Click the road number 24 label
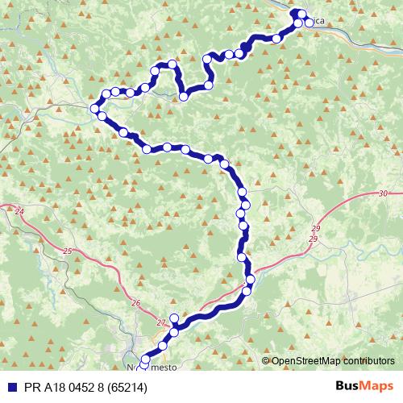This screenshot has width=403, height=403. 19,211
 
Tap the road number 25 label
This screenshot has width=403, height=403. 67,251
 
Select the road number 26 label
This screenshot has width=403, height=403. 135,303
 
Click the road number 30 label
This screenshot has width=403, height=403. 382,193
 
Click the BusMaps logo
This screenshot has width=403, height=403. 364,387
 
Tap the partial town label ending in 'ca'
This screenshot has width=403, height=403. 319,23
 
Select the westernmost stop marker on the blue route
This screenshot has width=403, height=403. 96,109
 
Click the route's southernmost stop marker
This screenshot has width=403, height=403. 145,359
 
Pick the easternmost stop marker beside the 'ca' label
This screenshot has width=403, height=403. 309,23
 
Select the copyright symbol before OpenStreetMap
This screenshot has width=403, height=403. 266,362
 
